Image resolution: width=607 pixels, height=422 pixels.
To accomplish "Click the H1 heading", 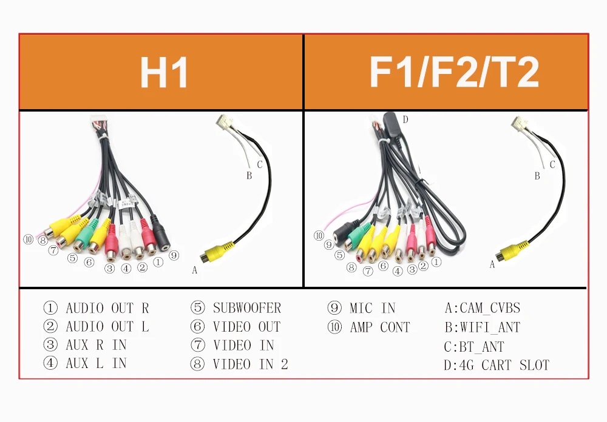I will (x=163, y=73).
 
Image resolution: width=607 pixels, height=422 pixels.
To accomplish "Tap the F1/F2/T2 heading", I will (x=454, y=73).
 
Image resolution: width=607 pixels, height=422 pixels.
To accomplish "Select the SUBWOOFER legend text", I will (x=246, y=308).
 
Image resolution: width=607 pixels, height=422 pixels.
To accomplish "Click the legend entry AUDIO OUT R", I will (x=107, y=308).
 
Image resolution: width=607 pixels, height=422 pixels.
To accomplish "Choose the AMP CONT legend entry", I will (x=380, y=327).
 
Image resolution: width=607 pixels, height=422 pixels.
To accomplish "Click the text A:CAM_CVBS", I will (x=483, y=308).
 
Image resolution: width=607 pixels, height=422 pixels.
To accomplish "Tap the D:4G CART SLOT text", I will (x=497, y=365).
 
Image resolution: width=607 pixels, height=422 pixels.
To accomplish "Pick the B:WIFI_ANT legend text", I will (x=483, y=327).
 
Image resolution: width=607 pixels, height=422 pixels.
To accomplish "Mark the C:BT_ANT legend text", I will (x=474, y=347).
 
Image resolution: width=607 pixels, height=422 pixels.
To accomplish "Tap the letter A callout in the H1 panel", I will (x=194, y=270).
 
